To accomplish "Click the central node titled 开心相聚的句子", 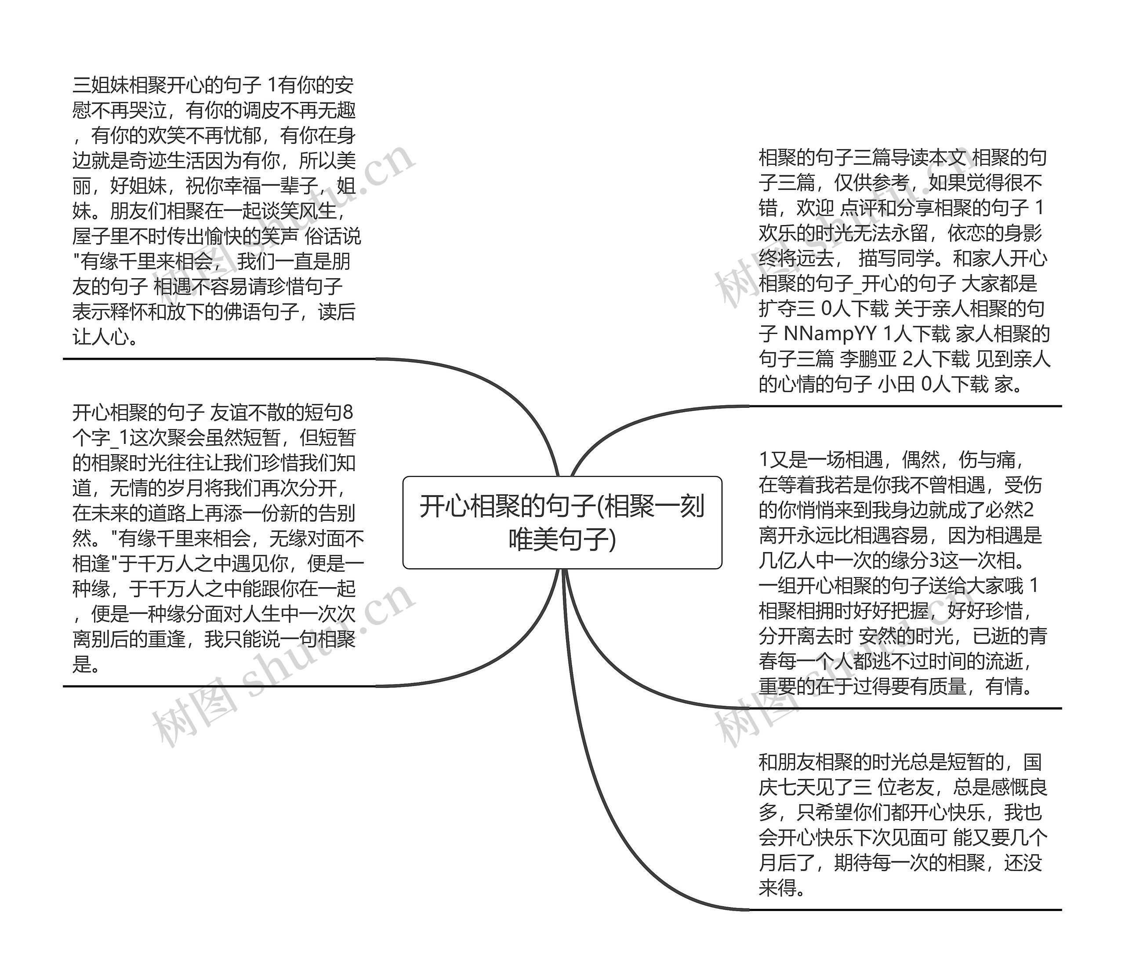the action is pyautogui.click(x=562, y=523).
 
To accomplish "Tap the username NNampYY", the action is pyautogui.click(x=830, y=334).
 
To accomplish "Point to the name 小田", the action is pyautogui.click(x=896, y=385).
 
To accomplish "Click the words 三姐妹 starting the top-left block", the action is pyautogui.click(x=101, y=85).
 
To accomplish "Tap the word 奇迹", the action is pyautogui.click(x=157, y=161).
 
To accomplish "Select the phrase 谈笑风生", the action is pyautogui.click(x=299, y=211).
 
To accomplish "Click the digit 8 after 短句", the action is pyautogui.click(x=348, y=413).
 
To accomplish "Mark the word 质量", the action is pyautogui.click(x=947, y=687).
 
